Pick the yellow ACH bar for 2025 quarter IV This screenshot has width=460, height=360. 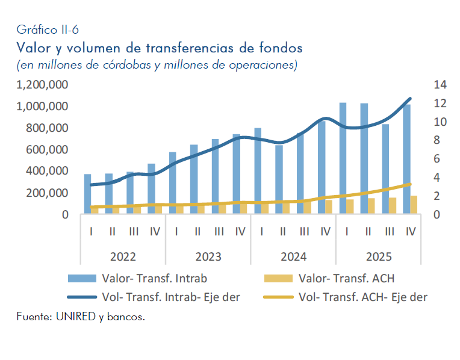414,205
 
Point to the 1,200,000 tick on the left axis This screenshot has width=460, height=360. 42,85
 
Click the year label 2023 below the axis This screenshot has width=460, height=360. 208,256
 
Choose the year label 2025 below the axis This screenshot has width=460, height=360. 378,256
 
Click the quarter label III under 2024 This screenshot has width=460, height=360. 304,231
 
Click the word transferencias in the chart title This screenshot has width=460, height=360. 177,46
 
